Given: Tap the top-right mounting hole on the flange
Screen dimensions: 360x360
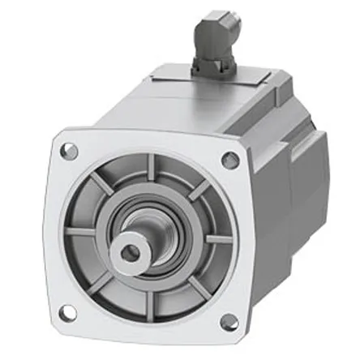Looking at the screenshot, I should (x=229, y=159).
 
